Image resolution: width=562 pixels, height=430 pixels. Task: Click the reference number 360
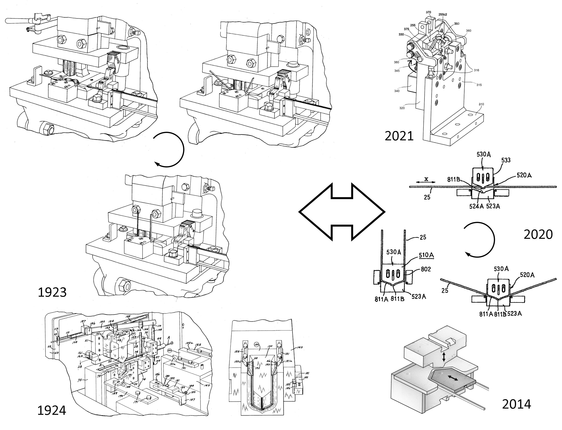[468, 31]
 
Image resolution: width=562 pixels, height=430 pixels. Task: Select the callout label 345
[397, 71]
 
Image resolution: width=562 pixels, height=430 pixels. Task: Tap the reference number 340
[397, 91]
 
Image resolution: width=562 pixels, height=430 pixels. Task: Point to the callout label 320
[402, 108]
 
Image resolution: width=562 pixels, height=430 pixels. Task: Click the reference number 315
[479, 85]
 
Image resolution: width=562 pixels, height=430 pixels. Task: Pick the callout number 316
[476, 70]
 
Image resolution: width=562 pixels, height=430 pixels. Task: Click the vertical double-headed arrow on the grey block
[444, 357]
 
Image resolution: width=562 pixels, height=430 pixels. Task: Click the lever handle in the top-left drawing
[15, 20]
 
